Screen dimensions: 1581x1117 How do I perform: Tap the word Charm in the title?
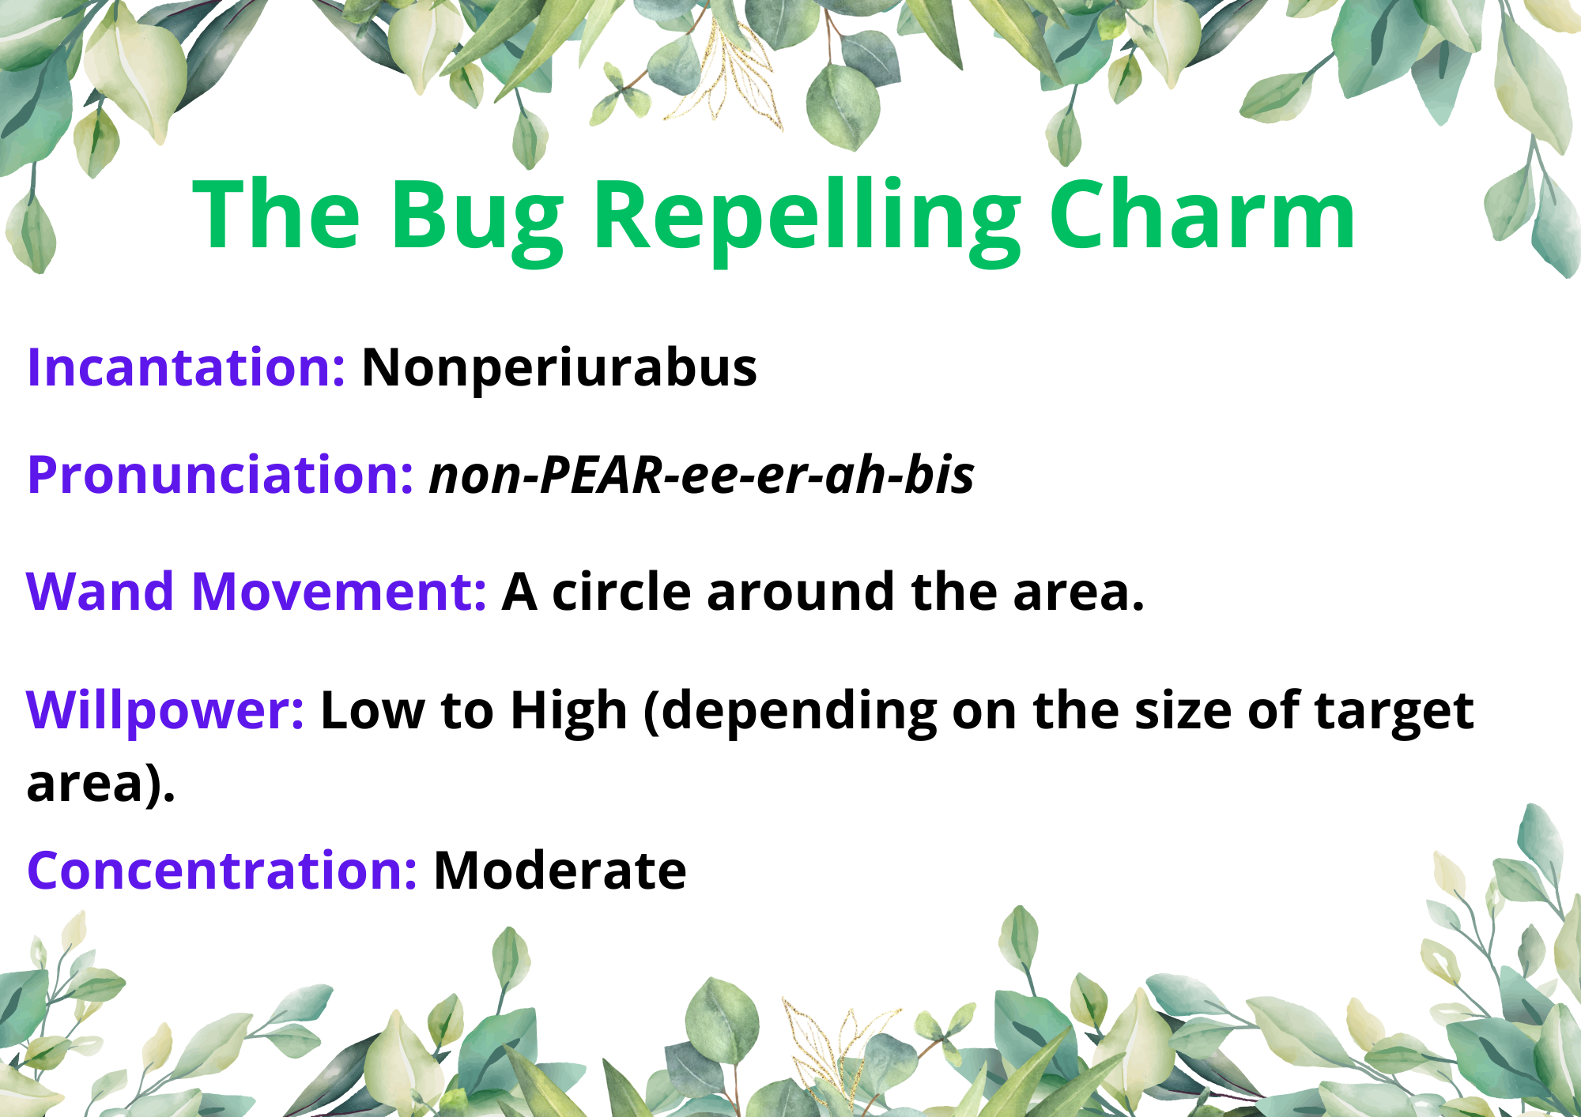click(1202, 213)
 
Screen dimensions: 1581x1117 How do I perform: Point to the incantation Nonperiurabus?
click(559, 369)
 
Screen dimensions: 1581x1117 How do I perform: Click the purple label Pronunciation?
click(221, 475)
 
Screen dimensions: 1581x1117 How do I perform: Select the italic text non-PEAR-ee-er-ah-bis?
click(701, 476)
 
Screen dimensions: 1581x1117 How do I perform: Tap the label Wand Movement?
click(256, 592)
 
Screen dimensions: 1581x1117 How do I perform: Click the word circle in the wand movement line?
click(621, 592)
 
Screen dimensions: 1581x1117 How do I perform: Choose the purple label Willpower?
click(165, 711)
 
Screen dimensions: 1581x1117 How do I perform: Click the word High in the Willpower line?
click(569, 711)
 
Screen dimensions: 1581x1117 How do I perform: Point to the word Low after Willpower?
click(372, 710)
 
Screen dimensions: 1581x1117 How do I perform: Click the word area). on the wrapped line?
click(101, 784)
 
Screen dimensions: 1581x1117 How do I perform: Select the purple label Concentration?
click(222, 871)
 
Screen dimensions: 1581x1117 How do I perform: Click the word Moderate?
click(560, 871)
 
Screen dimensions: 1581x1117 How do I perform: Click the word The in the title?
click(277, 213)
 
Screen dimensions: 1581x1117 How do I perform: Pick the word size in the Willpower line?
click(1183, 710)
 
